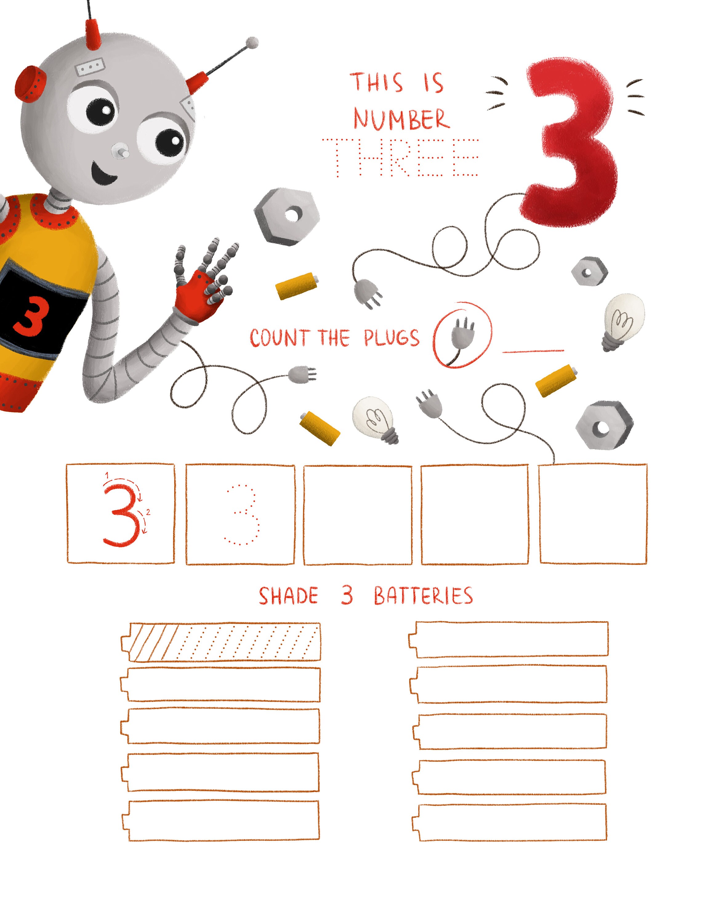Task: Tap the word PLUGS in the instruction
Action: pos(392,338)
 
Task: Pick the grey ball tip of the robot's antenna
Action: pos(252,42)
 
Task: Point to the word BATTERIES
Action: pos(423,596)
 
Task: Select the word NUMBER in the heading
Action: pos(401,119)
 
